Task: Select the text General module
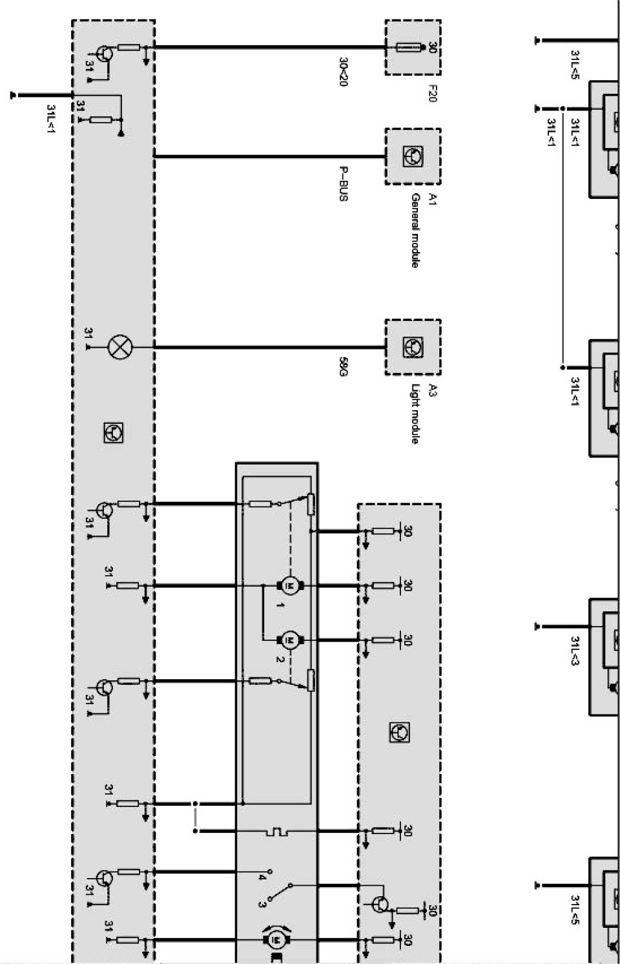(x=415, y=230)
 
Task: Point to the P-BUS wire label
(x=343, y=184)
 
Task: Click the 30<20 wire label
(x=343, y=72)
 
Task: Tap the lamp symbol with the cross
(x=119, y=347)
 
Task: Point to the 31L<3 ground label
(x=574, y=650)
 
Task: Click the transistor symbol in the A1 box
(x=411, y=156)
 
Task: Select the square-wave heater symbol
(x=277, y=831)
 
